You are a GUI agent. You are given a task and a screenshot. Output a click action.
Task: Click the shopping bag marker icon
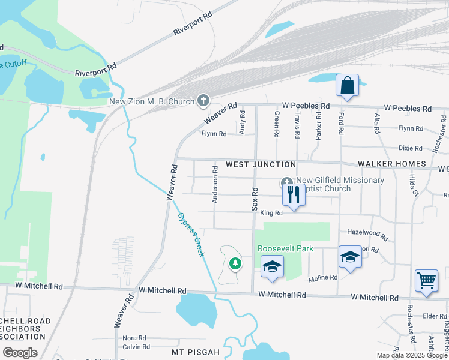(x=347, y=86)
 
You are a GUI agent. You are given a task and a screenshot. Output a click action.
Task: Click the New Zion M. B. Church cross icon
(x=203, y=101)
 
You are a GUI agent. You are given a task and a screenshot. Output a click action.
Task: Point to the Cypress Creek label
(x=190, y=235)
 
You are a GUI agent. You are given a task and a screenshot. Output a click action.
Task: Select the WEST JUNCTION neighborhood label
(x=261, y=164)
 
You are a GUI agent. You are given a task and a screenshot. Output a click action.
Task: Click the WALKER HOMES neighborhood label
(x=391, y=164)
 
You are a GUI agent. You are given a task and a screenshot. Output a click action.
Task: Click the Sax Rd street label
(x=255, y=198)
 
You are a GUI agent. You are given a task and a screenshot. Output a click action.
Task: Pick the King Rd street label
(x=271, y=213)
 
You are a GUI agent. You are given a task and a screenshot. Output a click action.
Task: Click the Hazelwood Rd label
(x=364, y=232)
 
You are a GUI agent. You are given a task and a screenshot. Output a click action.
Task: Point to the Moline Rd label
(x=323, y=278)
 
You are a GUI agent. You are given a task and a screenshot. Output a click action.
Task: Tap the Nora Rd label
(x=134, y=338)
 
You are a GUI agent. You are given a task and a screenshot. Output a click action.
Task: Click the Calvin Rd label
(x=136, y=347)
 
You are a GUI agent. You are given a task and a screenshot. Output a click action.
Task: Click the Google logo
(x=20, y=353)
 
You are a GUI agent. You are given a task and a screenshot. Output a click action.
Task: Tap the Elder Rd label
(x=432, y=316)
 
